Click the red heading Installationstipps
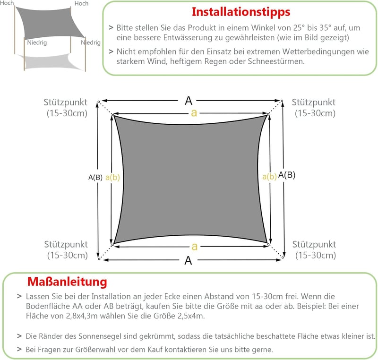[241, 12]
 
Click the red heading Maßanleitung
[67, 282]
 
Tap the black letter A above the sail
[189, 101]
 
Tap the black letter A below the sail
[188, 260]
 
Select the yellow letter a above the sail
[194, 113]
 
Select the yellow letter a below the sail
[195, 247]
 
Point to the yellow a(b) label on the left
[112, 177]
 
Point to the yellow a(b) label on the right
[269, 177]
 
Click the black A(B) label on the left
[95, 177]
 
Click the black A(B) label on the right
[287, 175]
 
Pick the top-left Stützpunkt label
[65, 103]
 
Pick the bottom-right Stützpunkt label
[314, 245]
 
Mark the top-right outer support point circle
[282, 101]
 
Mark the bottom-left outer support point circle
[99, 259]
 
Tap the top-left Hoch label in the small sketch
[7, 3]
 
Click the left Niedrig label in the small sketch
[37, 43]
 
